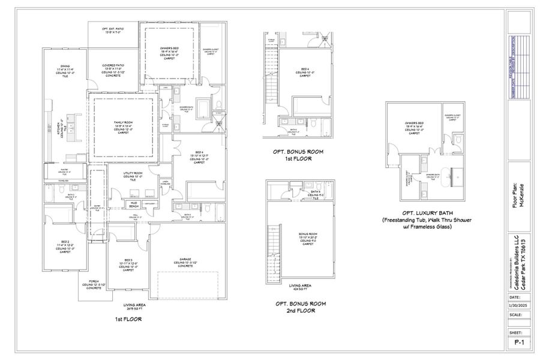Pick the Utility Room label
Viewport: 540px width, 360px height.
[x=131, y=175]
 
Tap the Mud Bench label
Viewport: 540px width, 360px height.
[x=135, y=204]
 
